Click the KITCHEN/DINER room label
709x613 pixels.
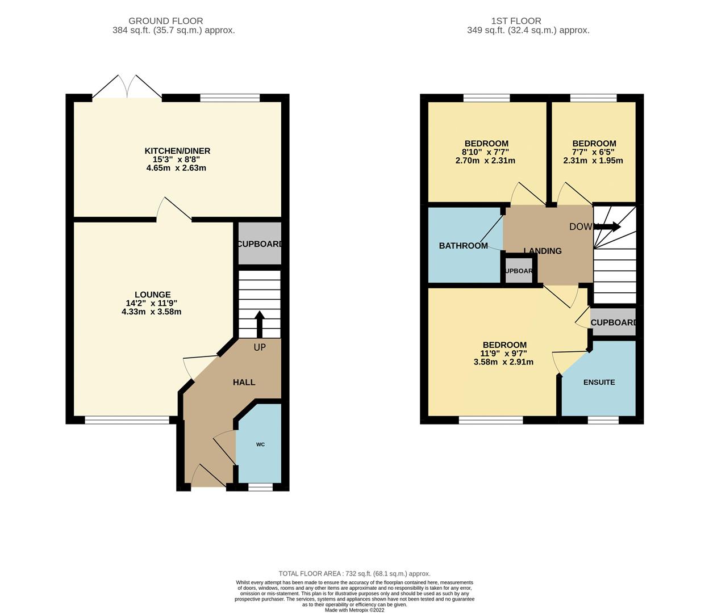pos(177,151)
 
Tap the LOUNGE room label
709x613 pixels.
pos(152,295)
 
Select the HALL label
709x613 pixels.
pos(244,383)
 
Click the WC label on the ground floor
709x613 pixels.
pos(260,444)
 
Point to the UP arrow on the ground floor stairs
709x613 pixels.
pos(260,324)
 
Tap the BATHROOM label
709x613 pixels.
pos(463,246)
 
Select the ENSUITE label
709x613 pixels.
pos(599,383)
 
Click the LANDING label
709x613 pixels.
pos(543,251)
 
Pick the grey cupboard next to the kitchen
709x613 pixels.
pos(259,244)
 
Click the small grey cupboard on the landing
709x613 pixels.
pos(518,271)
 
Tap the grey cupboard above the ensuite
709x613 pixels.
pos(612,322)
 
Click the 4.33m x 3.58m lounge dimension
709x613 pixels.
pos(152,312)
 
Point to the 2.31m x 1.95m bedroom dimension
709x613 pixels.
pos(593,161)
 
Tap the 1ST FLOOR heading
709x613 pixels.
pos(528,21)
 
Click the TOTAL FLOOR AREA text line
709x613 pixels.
pos(354,574)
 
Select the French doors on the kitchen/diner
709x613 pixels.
pos(127,88)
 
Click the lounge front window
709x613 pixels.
pos(127,420)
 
